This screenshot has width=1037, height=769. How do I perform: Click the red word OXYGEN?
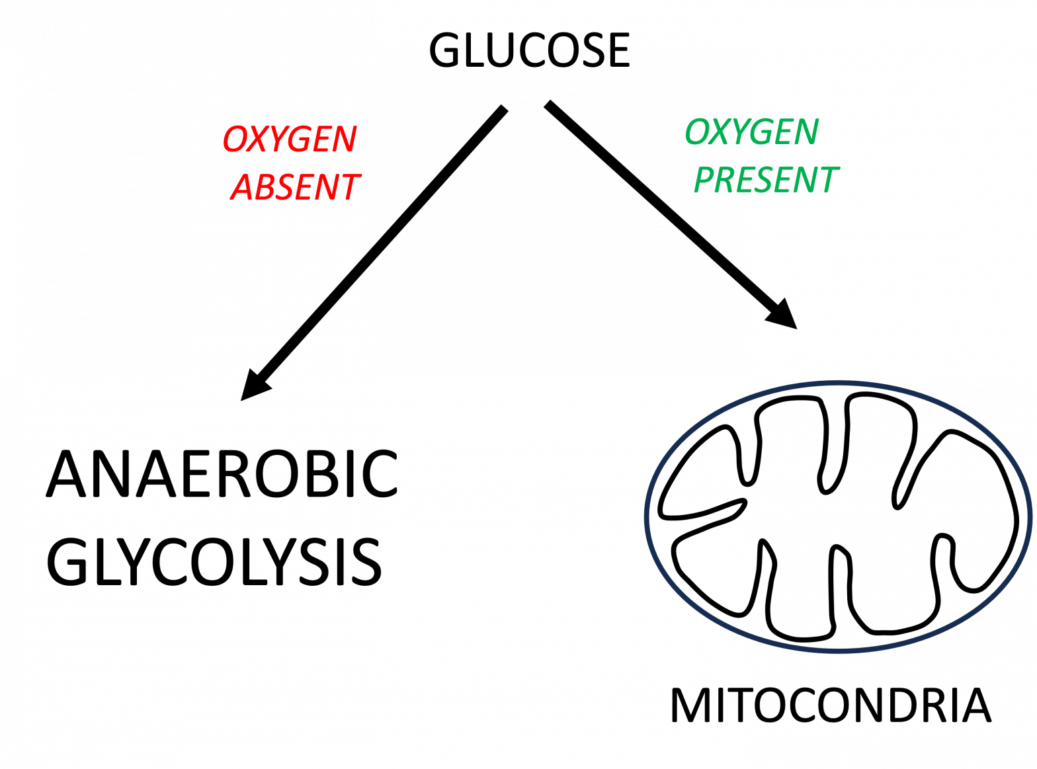pos(290,139)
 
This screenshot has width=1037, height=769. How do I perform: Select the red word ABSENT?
pos(295,187)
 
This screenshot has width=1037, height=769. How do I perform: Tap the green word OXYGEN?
pos(752,132)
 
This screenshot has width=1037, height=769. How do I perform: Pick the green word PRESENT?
pos(766,180)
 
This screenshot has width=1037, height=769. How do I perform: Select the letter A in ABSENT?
pos(243,187)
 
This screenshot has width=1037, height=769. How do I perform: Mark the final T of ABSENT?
pos(348,187)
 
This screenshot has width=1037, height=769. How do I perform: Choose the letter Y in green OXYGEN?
pos(740,132)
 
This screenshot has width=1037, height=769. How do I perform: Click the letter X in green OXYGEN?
pos(720,132)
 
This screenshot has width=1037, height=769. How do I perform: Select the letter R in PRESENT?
pos(727,180)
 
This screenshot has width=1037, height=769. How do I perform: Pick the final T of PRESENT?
pos(827,180)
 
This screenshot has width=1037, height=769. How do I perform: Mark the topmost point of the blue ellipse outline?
pos(839,382)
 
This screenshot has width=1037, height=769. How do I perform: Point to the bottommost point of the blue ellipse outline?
pos(839,651)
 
